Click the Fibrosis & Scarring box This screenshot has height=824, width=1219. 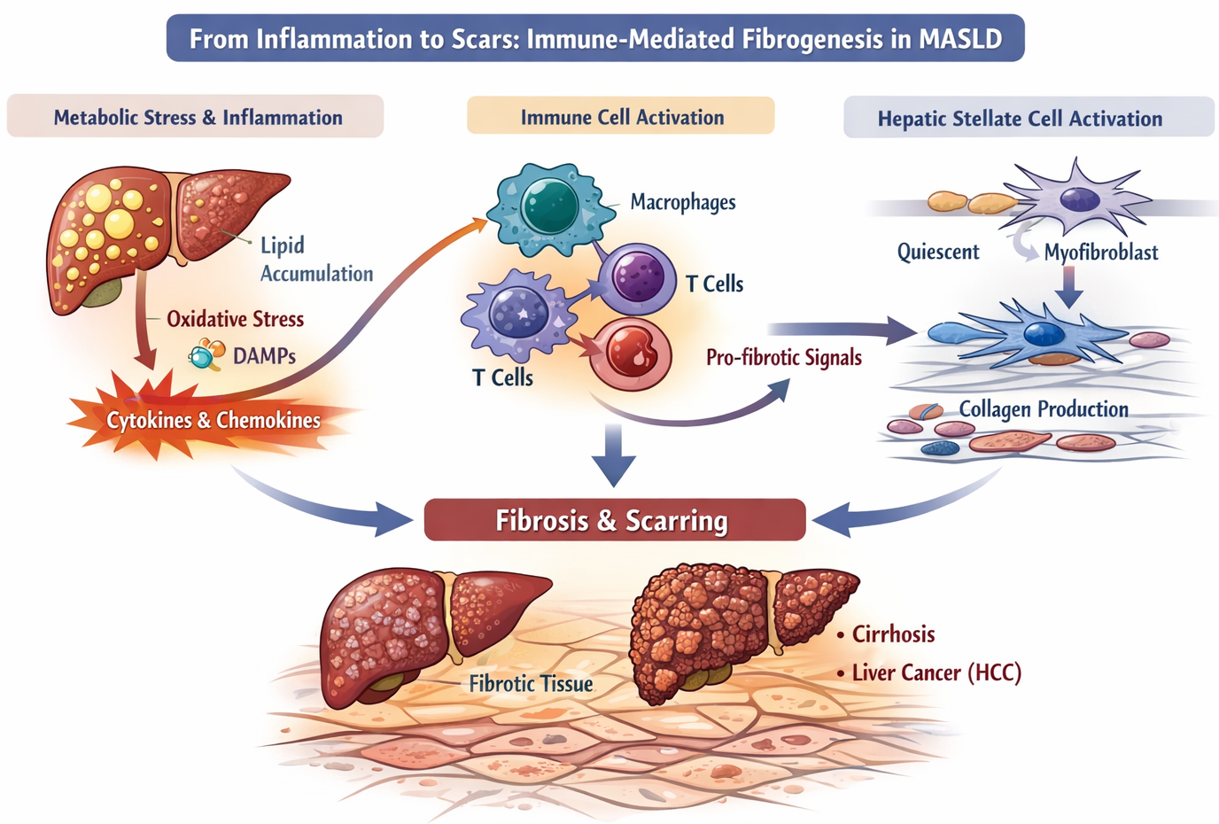click(x=614, y=520)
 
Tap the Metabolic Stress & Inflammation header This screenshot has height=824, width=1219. click(x=197, y=117)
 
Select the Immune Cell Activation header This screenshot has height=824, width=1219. click(x=621, y=117)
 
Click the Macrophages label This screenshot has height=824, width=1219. click(x=682, y=202)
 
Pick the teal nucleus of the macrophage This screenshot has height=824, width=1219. click(x=549, y=206)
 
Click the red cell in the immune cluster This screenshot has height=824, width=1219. click(x=630, y=354)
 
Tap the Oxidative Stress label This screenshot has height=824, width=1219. click(x=235, y=319)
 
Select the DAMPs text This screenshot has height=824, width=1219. click(x=264, y=356)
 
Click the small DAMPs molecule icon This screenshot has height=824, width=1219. click(x=206, y=355)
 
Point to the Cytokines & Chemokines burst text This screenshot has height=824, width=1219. click(x=214, y=420)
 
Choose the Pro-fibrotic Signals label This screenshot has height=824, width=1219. click(x=783, y=358)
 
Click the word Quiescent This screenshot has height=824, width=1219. click(x=937, y=253)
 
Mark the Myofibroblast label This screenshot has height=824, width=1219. click(x=1100, y=253)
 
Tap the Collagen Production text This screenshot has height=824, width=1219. click(x=1043, y=409)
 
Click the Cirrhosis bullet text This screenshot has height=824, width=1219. click(x=893, y=634)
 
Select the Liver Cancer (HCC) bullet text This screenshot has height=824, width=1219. click(x=936, y=673)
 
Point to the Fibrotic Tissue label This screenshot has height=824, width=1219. click(x=531, y=684)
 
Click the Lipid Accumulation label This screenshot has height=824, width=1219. click(x=314, y=260)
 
